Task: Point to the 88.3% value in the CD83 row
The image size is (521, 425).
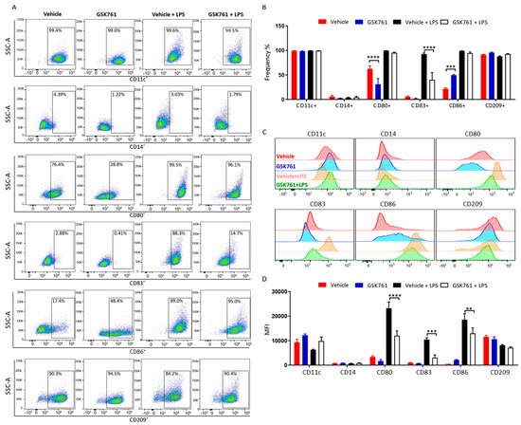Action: [174, 232]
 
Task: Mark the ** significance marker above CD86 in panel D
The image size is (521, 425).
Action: [468, 310]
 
